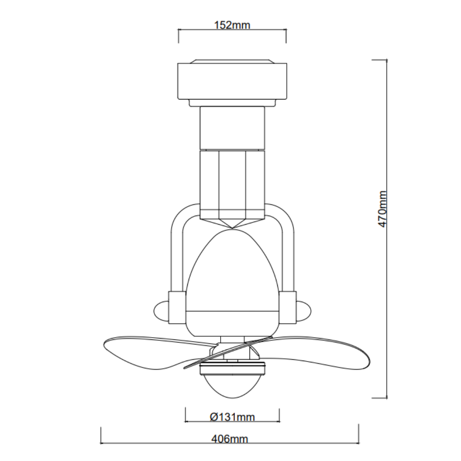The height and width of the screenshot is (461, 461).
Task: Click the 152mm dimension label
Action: click(232, 25)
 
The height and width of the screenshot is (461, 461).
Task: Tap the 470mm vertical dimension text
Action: click(382, 209)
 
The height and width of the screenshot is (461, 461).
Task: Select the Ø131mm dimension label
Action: click(232, 417)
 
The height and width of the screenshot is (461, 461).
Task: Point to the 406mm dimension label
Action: click(230, 439)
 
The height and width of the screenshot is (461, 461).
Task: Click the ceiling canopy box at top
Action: click(232, 81)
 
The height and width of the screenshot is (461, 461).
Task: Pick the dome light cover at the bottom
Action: click(232, 386)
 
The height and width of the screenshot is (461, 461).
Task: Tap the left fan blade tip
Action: click(104, 344)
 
